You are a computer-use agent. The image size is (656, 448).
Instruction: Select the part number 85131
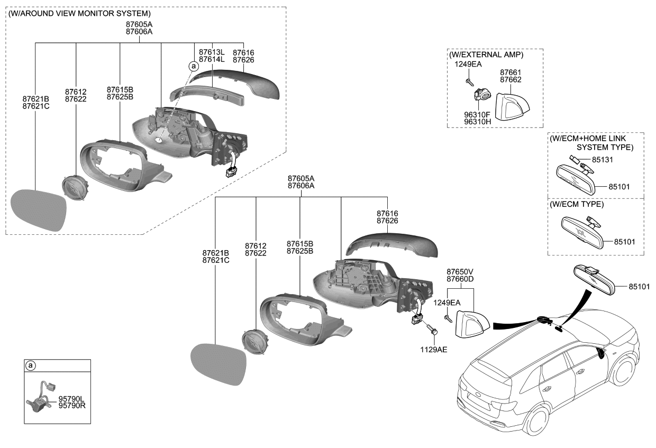point(603,159)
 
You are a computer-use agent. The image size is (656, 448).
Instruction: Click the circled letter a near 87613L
point(194,66)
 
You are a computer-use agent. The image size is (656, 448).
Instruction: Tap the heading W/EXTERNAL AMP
point(486,55)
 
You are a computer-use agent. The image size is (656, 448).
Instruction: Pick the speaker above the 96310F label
point(481,95)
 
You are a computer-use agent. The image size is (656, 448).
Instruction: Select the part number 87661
point(511,72)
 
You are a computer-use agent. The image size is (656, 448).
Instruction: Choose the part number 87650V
point(460,271)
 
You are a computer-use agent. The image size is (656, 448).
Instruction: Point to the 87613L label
point(212,52)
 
